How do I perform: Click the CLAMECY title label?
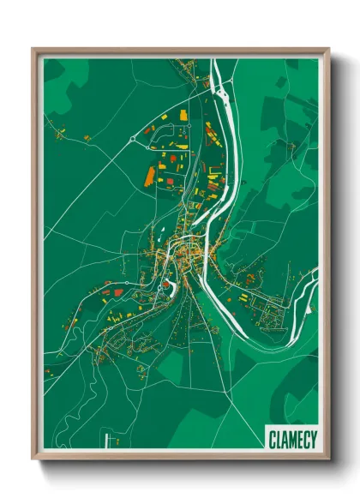pos(291,438)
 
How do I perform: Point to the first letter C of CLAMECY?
pos(272,438)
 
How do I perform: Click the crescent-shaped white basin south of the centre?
pos(174,285)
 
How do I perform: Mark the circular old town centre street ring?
pos(184,252)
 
